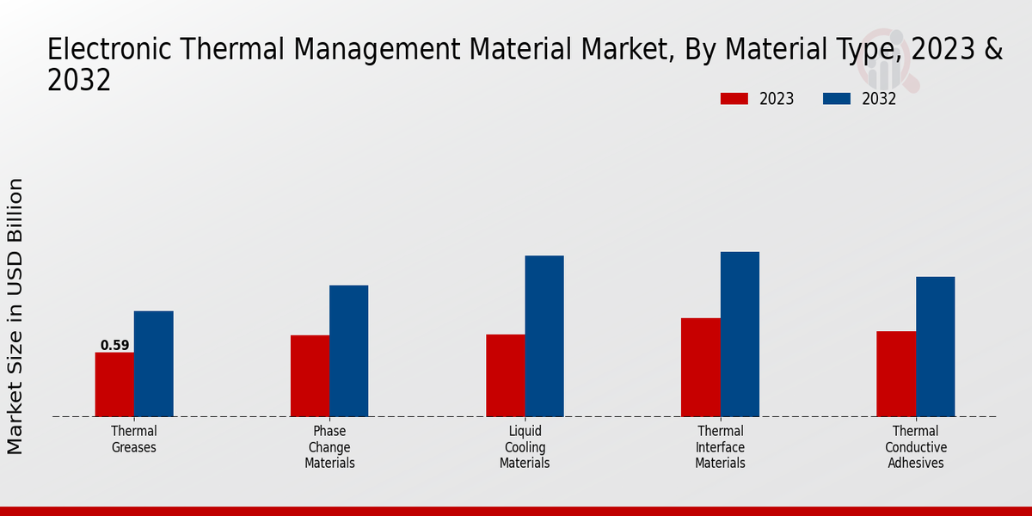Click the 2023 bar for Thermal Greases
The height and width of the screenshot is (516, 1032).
(114, 384)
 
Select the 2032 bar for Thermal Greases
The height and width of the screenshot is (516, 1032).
(153, 364)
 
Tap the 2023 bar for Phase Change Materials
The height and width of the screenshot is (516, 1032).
(310, 376)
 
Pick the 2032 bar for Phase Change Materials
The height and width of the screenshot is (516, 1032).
(348, 351)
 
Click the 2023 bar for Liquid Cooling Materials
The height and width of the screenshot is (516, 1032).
(505, 375)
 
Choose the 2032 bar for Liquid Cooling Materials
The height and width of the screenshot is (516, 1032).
(544, 336)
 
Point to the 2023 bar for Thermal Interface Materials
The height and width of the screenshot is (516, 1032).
(700, 367)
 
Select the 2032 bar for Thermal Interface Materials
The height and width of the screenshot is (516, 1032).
(740, 334)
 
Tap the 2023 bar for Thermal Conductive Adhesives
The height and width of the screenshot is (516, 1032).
(896, 374)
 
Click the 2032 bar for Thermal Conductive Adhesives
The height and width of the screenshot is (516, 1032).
(935, 347)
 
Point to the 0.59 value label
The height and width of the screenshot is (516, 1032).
(114, 346)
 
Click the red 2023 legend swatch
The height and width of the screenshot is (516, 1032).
(734, 99)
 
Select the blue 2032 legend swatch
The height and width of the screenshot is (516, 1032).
(836, 99)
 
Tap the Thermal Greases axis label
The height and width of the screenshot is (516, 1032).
(134, 439)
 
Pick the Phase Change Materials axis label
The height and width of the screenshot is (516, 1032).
(329, 447)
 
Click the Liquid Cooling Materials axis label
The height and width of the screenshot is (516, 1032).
(525, 447)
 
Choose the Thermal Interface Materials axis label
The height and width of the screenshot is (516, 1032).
(720, 447)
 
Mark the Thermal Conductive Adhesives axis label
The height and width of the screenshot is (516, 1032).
(916, 447)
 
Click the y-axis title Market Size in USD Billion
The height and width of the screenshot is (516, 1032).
(15, 316)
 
